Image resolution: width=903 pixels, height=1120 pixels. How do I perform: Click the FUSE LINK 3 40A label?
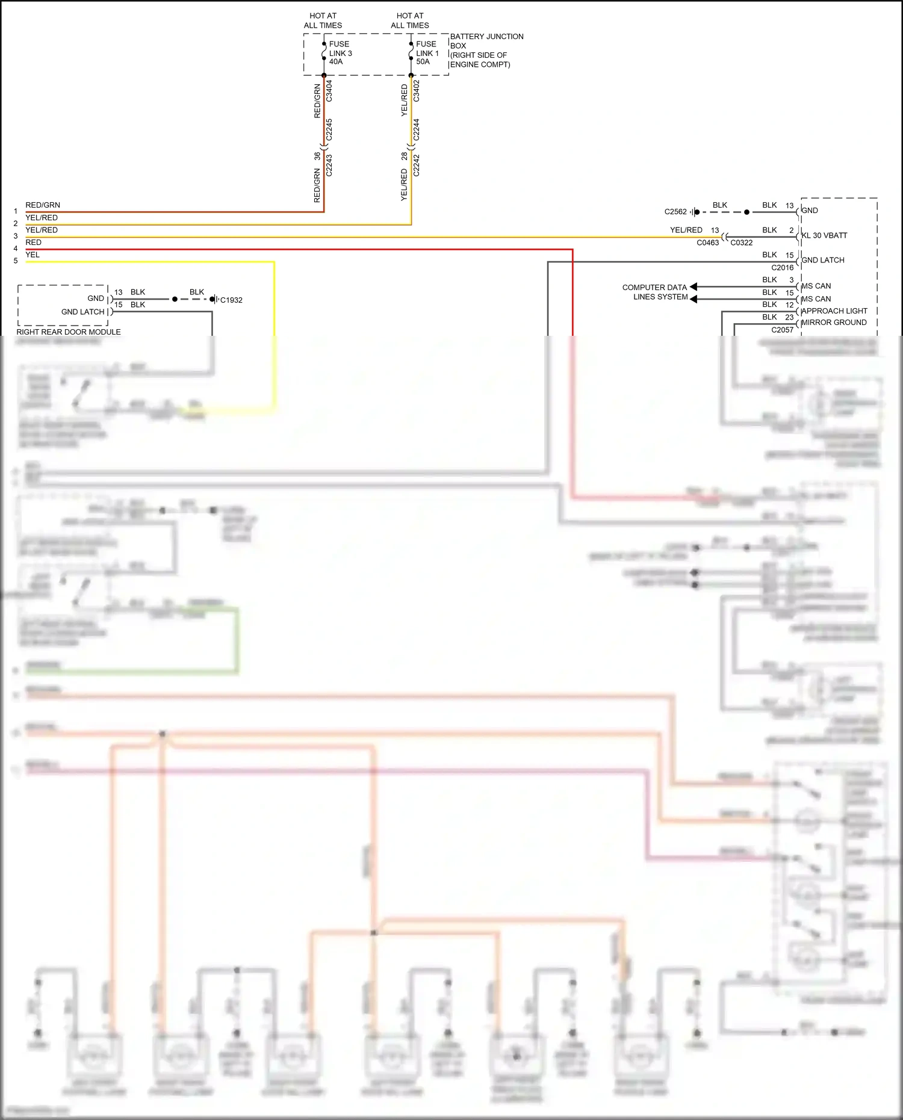click(x=340, y=53)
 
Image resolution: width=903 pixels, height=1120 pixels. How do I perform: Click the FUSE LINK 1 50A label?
click(x=427, y=53)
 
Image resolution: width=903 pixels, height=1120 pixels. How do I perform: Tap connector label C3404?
click(x=329, y=91)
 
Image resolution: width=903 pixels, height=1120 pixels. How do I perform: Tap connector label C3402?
click(x=416, y=91)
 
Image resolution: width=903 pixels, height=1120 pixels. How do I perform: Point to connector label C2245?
click(x=329, y=129)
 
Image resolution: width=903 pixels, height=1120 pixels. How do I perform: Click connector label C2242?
click(x=416, y=166)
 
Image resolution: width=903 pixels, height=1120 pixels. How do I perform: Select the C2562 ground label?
click(x=675, y=212)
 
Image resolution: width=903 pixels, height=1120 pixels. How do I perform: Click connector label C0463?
click(x=707, y=243)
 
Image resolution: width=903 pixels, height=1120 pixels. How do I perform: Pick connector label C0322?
click(x=741, y=243)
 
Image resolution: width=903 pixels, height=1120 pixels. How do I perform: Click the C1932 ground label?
click(x=231, y=300)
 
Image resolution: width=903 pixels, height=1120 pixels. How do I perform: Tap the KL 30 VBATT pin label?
click(x=824, y=235)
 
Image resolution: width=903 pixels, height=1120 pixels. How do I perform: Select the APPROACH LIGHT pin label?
click(x=834, y=311)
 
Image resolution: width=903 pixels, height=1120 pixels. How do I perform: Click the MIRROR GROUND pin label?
click(x=834, y=323)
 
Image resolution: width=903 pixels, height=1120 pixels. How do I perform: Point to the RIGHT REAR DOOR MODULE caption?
click(x=69, y=332)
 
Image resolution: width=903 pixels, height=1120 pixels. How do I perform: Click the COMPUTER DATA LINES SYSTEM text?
click(x=655, y=292)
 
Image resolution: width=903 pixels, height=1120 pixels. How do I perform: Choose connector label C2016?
click(x=782, y=268)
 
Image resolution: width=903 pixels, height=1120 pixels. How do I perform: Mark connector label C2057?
click(x=782, y=330)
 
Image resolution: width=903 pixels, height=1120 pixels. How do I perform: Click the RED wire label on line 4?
click(x=34, y=243)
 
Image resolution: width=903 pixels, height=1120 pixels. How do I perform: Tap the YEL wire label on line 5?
click(x=33, y=255)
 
